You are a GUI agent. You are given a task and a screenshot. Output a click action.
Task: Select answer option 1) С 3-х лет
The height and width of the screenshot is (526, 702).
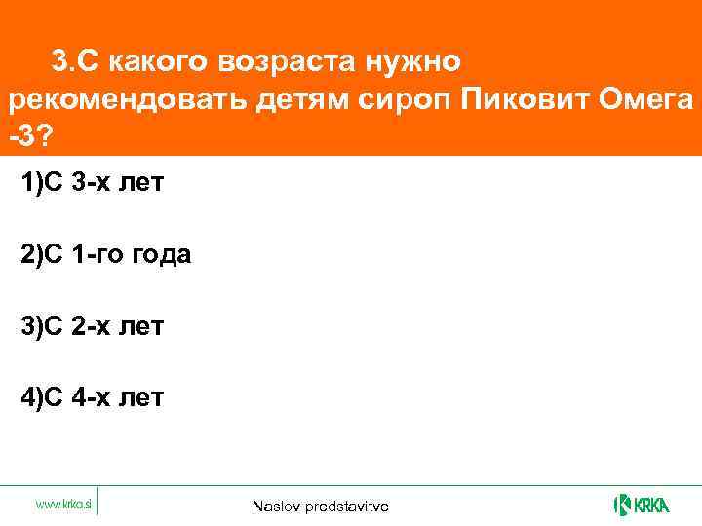tap(93, 184)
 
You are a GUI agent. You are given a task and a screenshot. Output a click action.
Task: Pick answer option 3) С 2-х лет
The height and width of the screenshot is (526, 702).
tap(93, 326)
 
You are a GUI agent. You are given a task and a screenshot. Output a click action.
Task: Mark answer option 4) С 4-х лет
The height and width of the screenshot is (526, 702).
tap(93, 397)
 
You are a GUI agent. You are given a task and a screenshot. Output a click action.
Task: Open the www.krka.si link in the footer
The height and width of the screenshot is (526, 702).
tap(63, 504)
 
